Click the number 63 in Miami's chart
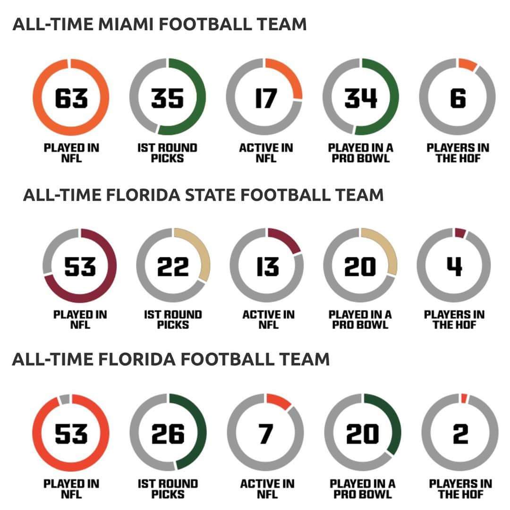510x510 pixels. coord(71,98)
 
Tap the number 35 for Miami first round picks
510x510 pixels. coord(168,98)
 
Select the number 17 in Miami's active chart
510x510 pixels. coord(265,98)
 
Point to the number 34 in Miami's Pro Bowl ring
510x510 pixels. coord(361,98)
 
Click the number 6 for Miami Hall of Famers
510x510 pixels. coord(458,98)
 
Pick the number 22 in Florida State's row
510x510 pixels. coord(173,266)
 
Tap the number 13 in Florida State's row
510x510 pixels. coord(267,266)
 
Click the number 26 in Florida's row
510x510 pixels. coord(168,433)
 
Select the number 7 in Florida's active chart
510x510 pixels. coord(266,433)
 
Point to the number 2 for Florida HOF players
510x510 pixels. coord(459,433)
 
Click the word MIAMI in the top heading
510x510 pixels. coord(125,24)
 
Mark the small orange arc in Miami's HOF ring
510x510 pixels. coord(467,64)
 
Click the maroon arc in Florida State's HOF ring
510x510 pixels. coord(460,232)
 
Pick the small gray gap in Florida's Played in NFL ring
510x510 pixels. coord(65,399)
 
